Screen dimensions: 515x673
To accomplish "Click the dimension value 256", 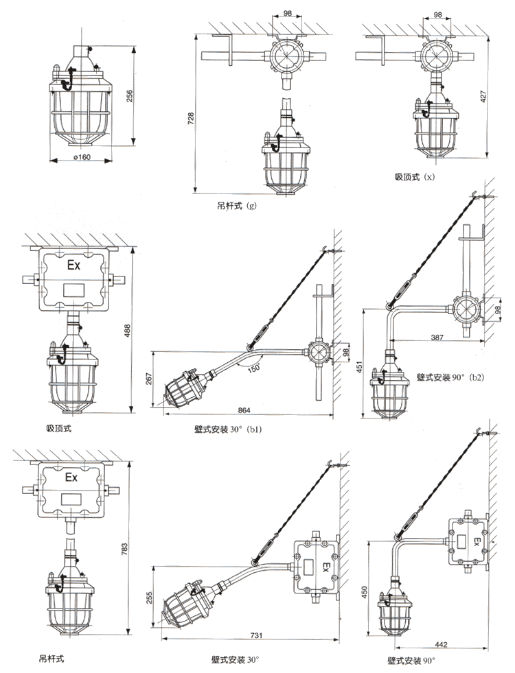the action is coord(130,95).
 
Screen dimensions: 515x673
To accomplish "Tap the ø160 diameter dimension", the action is coord(82,157).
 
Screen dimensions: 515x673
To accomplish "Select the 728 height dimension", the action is coord(191,118).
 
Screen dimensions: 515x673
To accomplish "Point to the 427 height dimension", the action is coord(483,97).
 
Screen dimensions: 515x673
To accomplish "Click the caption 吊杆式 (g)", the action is coord(237,206).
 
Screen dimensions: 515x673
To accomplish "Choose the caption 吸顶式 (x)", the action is coord(415,177).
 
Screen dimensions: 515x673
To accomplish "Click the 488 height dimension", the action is coord(127,331).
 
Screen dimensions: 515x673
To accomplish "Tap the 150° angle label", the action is coord(254,368).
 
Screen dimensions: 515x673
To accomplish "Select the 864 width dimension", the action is coord(244,410).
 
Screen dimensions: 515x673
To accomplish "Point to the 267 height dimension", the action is coord(149,378).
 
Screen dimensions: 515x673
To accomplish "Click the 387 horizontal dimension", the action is coord(437,338).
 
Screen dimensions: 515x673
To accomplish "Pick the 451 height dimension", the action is coord(360,366).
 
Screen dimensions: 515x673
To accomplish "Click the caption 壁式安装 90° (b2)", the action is coord(450,377).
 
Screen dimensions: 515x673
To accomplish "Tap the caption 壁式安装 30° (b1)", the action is coord(228,429).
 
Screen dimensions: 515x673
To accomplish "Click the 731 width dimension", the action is coord(256,635).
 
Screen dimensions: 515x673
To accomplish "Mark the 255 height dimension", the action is coord(150,598).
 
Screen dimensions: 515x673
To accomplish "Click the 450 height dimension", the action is coord(365,593).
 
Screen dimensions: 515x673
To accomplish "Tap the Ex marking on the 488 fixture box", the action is coord(74,265).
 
